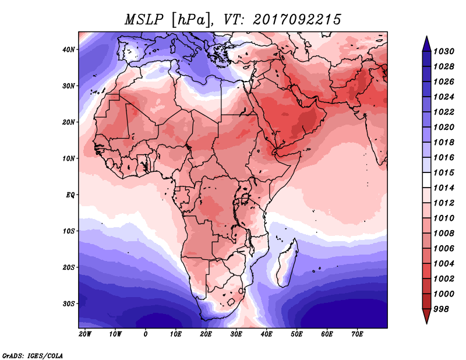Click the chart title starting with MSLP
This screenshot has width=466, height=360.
coord(233,19)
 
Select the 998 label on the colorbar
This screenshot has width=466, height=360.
coord(442,308)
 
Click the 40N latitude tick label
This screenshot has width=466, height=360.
coord(69,50)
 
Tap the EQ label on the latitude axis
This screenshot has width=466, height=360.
coord(70,195)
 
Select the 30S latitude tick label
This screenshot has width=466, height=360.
coord(69,303)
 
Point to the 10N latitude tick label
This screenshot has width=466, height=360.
coord(69,158)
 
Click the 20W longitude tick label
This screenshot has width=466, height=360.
coord(85,334)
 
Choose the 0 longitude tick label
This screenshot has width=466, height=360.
coord(146,334)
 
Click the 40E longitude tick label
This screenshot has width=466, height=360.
coord(267,334)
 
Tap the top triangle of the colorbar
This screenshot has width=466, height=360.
coord(426,43)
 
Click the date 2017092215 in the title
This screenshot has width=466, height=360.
coord(296,19)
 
